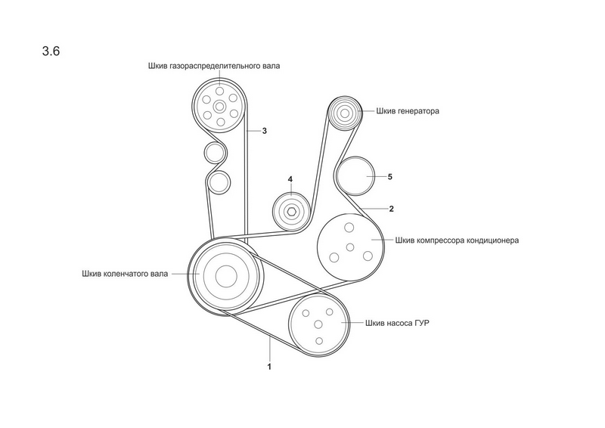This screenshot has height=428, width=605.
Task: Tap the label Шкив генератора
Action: coord(408,110)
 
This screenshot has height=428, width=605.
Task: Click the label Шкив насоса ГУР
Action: coord(402,322)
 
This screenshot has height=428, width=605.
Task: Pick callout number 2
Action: coord(391,207)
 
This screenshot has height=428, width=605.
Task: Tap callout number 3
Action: coord(265,131)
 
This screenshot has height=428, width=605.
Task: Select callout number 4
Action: coord(289,179)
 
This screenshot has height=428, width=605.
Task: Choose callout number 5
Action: coord(389,176)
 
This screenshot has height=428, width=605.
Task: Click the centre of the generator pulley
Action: coord(344,114)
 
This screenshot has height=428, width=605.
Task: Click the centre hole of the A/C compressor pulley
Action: coord(350,247)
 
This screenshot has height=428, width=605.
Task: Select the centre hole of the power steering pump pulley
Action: coord(318,324)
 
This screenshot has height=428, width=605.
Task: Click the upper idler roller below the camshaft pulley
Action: coord(214,153)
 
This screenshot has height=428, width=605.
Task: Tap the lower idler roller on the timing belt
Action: coord(219,181)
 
